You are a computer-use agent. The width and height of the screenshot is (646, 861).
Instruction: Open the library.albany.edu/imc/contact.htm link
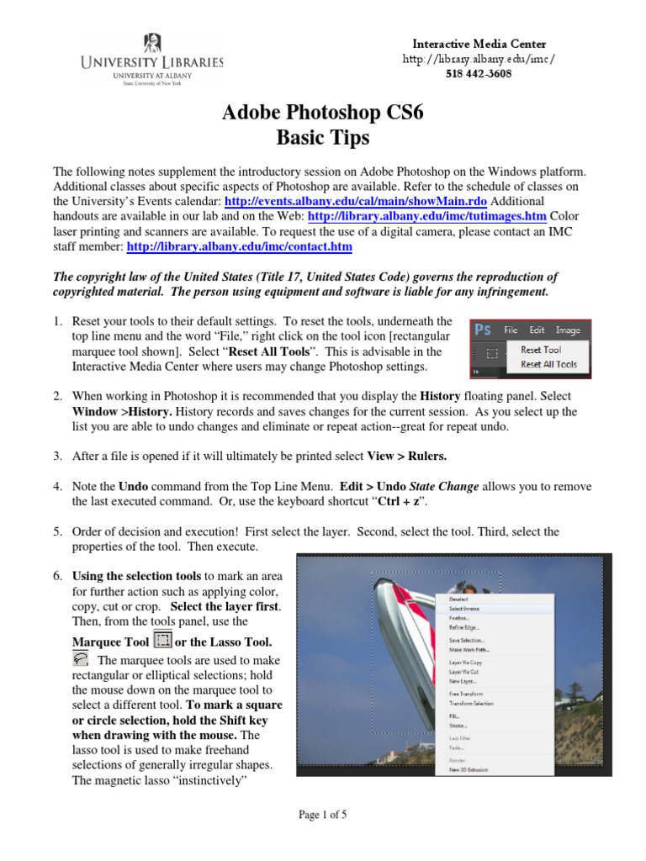tap(239, 247)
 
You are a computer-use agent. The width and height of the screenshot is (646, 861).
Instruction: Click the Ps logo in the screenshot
tap(482, 330)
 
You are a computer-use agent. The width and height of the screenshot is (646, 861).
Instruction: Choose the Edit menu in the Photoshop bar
tap(537, 330)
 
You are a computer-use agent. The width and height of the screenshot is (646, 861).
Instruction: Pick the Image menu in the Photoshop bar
tap(569, 330)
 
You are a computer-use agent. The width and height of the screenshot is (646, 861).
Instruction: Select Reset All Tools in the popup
tap(548, 364)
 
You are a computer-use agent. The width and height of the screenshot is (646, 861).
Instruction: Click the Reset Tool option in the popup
tap(541, 350)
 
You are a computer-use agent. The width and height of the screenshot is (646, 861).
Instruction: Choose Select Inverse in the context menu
tap(464, 608)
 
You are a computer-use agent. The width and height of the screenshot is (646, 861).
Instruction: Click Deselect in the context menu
tap(458, 598)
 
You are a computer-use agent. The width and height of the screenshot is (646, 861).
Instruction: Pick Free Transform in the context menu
tap(466, 694)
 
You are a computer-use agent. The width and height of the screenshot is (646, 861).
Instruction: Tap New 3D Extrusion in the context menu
tap(469, 769)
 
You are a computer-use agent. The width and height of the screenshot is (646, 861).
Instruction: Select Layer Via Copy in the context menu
tap(465, 663)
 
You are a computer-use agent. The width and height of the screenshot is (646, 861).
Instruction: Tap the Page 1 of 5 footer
tap(323, 815)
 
